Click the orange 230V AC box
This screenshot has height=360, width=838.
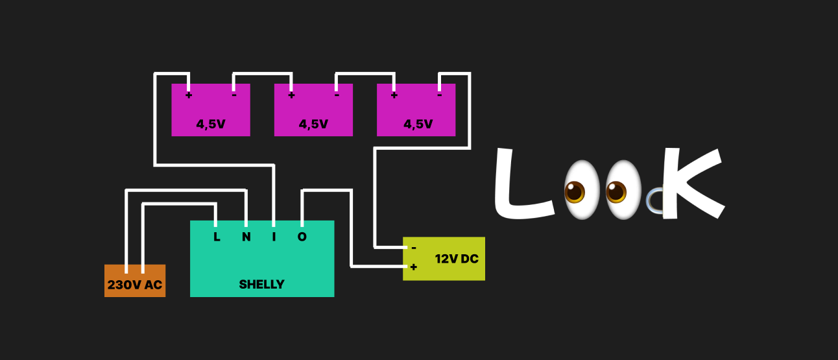pos(135,282)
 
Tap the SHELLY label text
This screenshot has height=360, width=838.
pos(261,284)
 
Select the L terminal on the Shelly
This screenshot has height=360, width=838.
pos(217,237)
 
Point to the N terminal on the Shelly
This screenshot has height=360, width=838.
pos(246,237)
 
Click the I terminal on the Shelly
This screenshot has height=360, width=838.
pos(274,237)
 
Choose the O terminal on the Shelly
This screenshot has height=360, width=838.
pos(302,237)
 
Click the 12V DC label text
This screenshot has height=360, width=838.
pos(457,259)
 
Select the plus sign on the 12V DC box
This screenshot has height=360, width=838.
pos(414,267)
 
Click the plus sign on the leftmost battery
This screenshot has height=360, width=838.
pos(189,95)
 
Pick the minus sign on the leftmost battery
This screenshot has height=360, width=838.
pos(234,95)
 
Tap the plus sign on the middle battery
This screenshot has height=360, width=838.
pos(291,95)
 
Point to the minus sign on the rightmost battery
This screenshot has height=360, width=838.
pos(439,95)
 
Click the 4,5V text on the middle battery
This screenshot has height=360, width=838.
pos(313,124)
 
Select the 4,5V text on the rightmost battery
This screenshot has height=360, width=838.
pos(418,124)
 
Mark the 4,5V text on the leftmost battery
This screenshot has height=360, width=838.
pos(211,124)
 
